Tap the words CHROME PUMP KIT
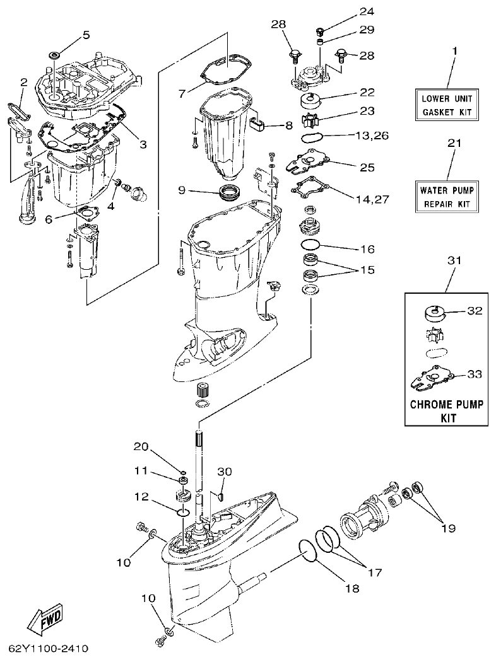pos(447,410)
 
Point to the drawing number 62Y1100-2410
pos(48,648)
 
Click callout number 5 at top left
pos(86,35)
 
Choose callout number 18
pos(352,588)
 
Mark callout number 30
pos(225,472)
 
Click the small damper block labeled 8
pos(257,121)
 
